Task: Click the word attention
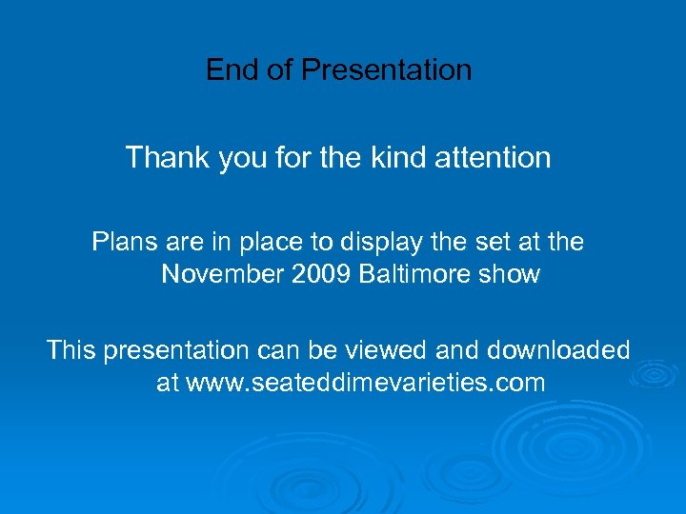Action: [493, 157]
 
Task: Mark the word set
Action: [493, 243]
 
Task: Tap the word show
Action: [513, 275]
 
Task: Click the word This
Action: [71, 351]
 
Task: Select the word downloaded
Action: [558, 351]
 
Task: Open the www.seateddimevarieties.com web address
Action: [365, 384]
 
